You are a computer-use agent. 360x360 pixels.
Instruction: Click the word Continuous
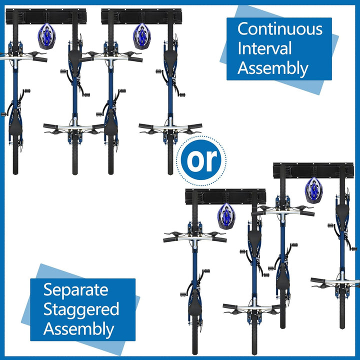279,29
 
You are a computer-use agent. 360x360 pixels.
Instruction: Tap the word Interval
264,49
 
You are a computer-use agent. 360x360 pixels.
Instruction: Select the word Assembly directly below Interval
273,68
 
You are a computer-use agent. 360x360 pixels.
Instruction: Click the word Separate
75,289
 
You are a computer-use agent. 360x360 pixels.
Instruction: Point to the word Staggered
81,309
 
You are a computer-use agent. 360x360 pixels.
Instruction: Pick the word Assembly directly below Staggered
78,329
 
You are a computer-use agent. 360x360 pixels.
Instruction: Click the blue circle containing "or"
204,159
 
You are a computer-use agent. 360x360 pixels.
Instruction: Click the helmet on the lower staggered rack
226,216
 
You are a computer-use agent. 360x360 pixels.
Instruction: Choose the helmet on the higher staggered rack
313,190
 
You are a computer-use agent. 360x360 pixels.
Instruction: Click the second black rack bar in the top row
141,16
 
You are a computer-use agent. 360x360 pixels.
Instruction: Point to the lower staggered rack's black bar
225,196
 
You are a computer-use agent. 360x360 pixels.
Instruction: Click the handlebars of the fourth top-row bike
170,127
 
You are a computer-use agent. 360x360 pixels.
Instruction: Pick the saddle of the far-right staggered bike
342,212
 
